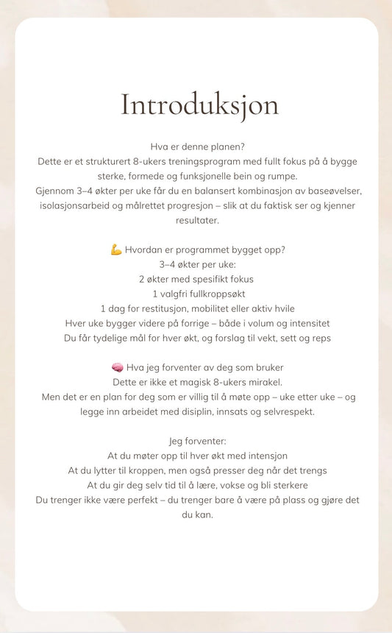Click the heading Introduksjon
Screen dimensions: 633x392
pos(199,105)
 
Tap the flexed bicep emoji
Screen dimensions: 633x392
pos(116,250)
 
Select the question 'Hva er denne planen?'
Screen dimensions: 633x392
pos(197,146)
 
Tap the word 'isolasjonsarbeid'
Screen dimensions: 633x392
pos(78,205)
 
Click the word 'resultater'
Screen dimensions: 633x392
pos(197,220)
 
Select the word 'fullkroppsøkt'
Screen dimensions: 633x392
pos(213,294)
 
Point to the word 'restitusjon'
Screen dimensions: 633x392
pos(166,308)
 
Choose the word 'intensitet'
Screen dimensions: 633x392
pos(306,323)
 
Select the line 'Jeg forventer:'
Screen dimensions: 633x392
pos(197,441)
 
